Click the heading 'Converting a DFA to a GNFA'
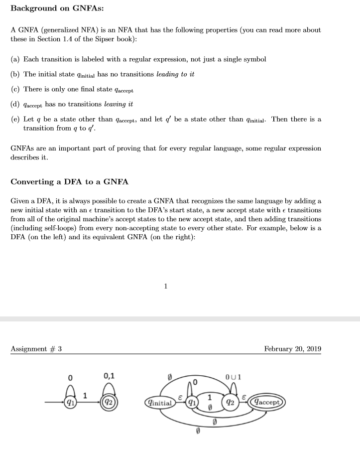[x=69, y=182]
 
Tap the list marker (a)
[x=15, y=59]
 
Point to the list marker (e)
[x=15, y=120]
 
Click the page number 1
[x=166, y=286]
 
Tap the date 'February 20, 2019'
[x=292, y=348]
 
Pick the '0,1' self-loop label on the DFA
[x=109, y=376]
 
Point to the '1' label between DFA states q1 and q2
[x=86, y=396]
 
